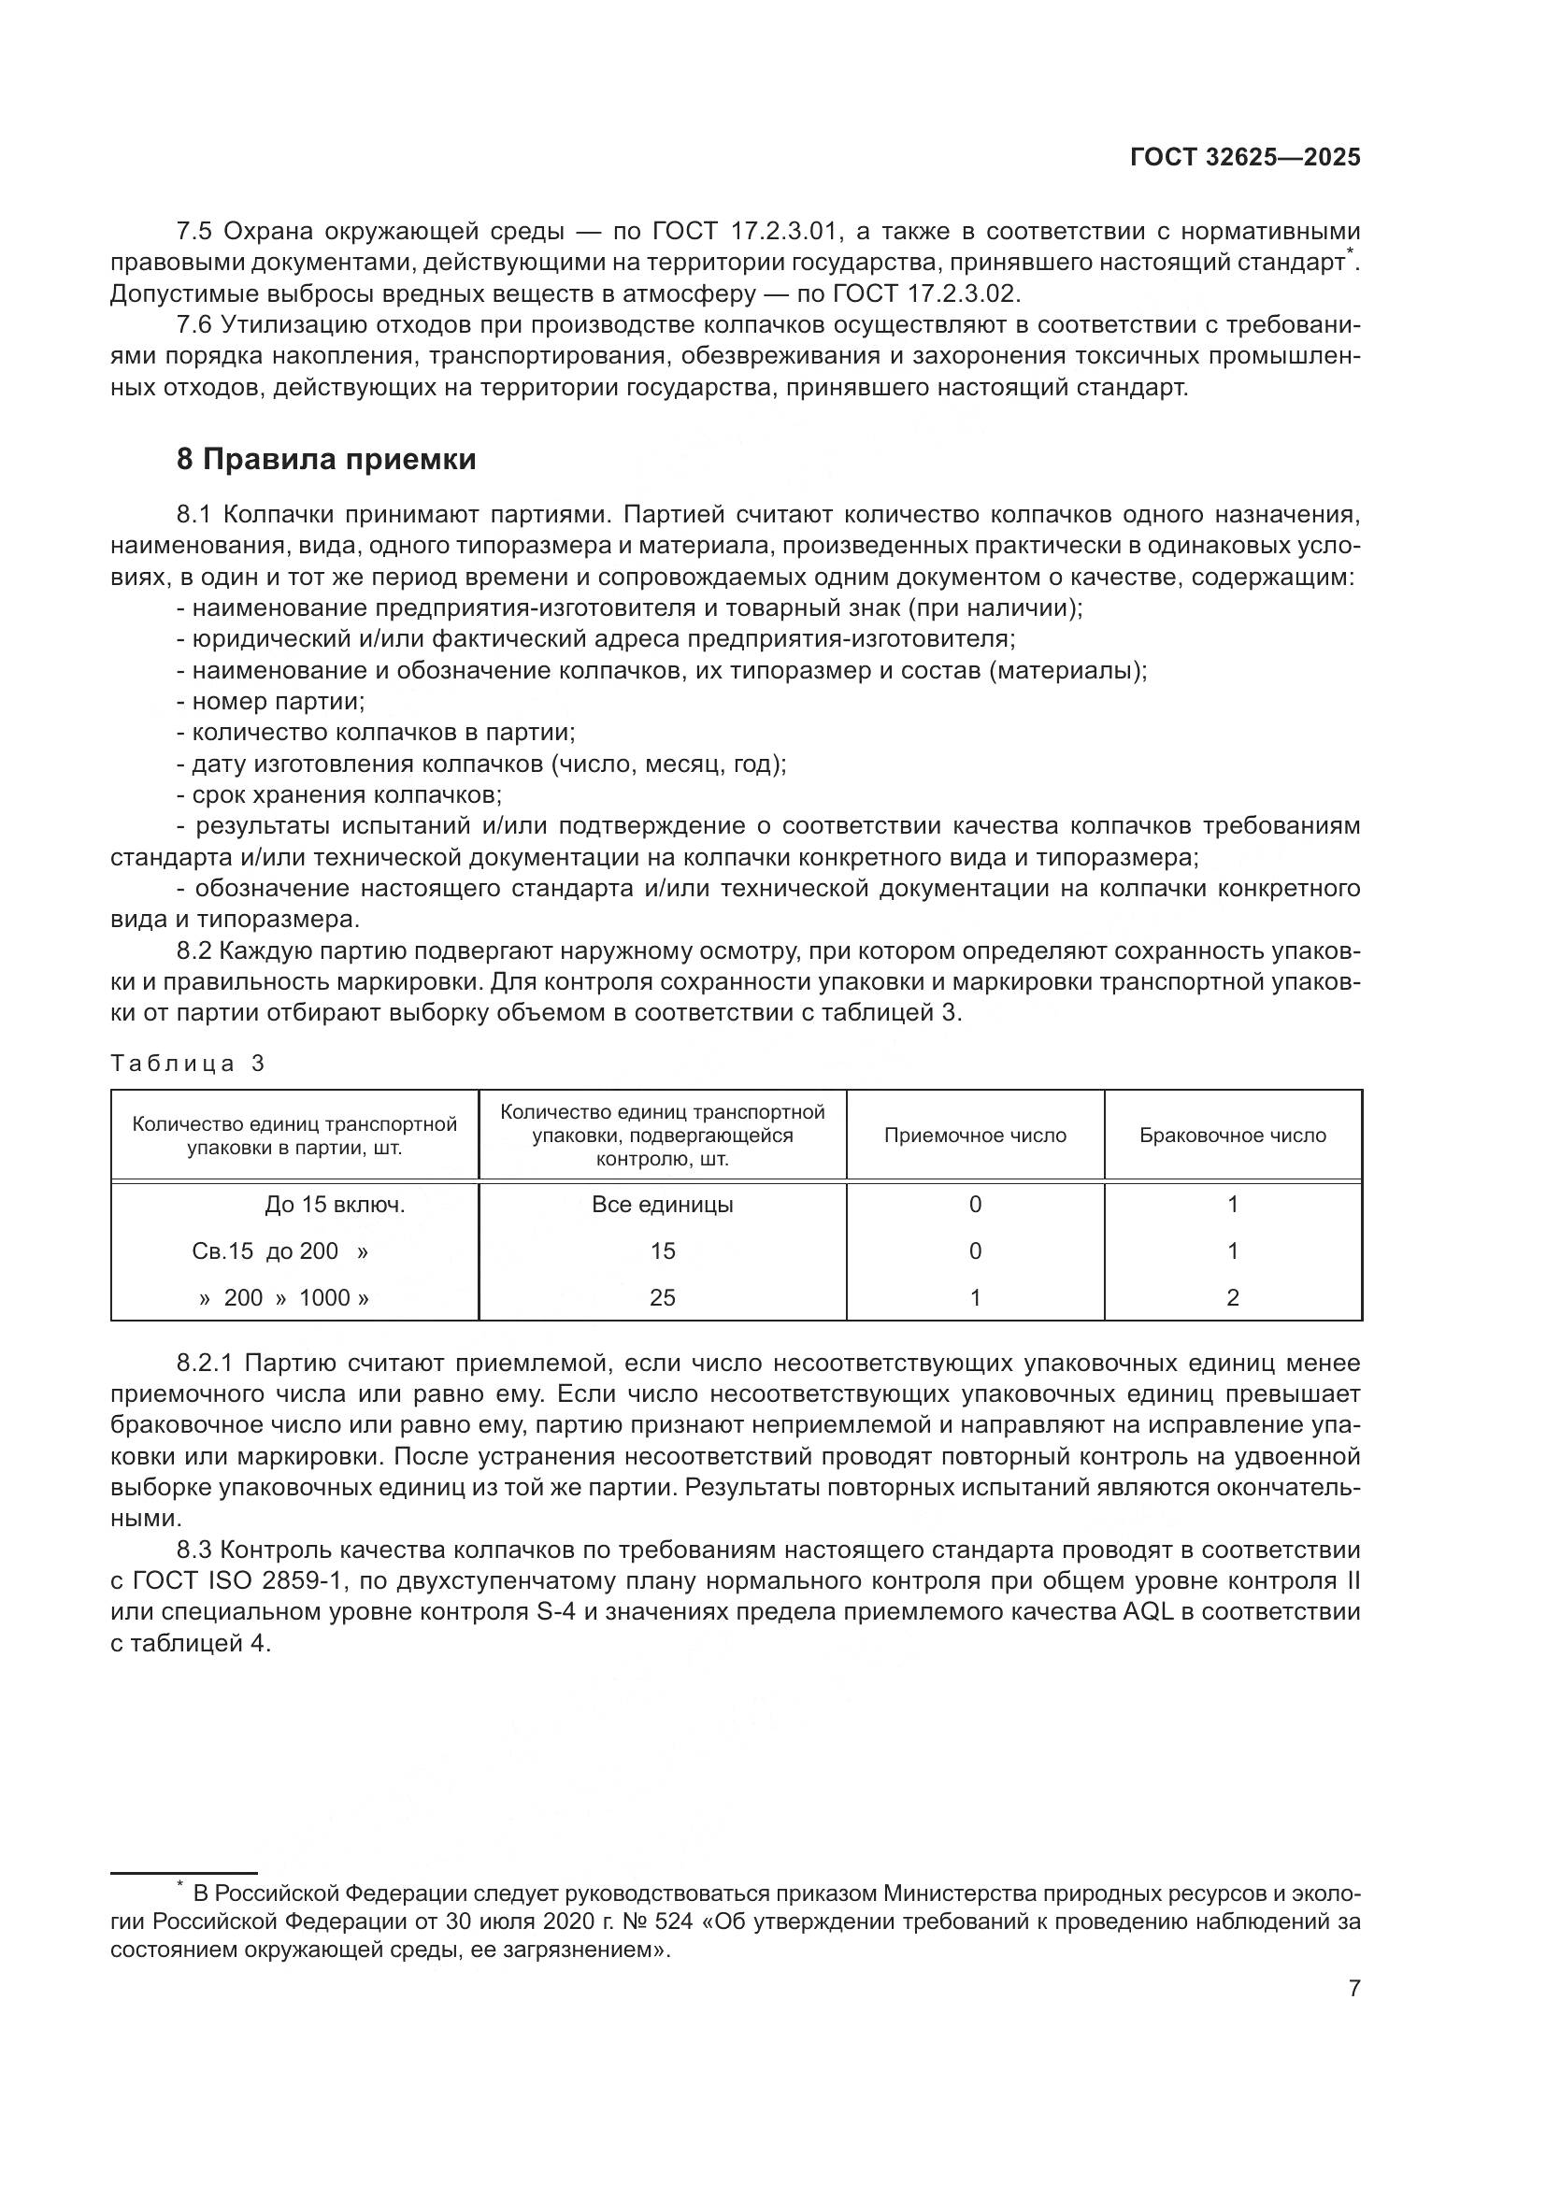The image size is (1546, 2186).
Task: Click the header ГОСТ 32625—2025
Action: click(x=1244, y=158)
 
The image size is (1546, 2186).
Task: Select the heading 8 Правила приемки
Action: click(x=325, y=460)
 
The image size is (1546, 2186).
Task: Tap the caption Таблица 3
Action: click(x=187, y=1064)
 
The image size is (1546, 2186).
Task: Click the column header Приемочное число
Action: click(x=975, y=1136)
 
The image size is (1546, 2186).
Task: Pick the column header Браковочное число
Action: click(x=1232, y=1136)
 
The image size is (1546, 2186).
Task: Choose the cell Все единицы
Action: click(x=662, y=1205)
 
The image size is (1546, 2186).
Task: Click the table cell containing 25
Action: click(x=662, y=1298)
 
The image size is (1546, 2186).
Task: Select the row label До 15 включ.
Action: click(x=334, y=1206)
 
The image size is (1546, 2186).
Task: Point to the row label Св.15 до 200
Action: click(x=279, y=1251)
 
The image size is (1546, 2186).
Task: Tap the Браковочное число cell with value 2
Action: click(x=1232, y=1298)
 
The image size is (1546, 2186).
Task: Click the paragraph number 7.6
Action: click(x=196, y=325)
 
